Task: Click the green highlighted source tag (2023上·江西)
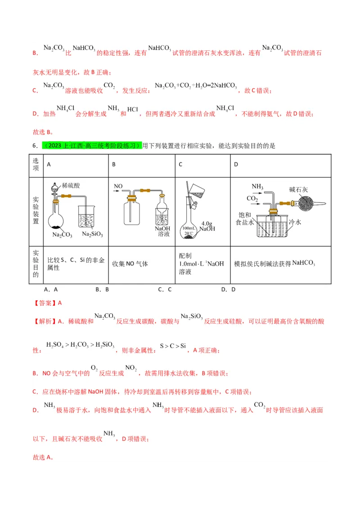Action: click(x=92, y=146)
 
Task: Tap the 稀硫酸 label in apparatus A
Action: click(x=71, y=184)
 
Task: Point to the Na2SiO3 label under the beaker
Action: click(x=93, y=234)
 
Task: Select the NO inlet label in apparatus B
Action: click(x=118, y=186)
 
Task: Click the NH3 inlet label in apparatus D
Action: click(x=257, y=186)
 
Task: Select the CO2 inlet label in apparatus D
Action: click(x=252, y=198)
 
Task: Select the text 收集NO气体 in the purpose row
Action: click(x=130, y=264)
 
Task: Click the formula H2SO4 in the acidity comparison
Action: click(x=56, y=345)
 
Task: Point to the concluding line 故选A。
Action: click(x=43, y=457)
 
